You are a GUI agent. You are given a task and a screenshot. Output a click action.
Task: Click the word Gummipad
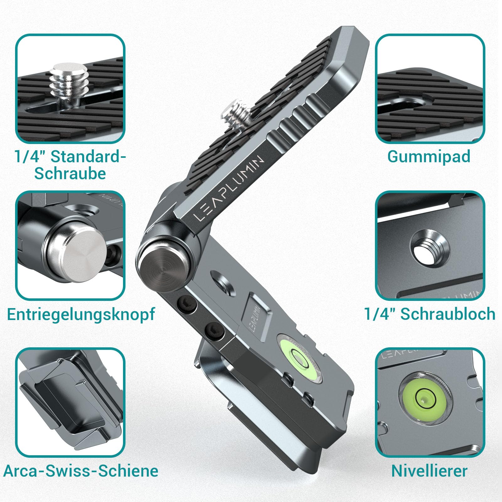[429, 157]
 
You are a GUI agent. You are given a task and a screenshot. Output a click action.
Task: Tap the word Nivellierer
[429, 471]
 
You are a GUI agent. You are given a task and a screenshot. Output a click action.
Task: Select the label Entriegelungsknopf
[81, 314]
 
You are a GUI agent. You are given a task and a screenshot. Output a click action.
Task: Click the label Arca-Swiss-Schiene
[81, 471]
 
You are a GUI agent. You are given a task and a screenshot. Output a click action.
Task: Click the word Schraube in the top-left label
[70, 174]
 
